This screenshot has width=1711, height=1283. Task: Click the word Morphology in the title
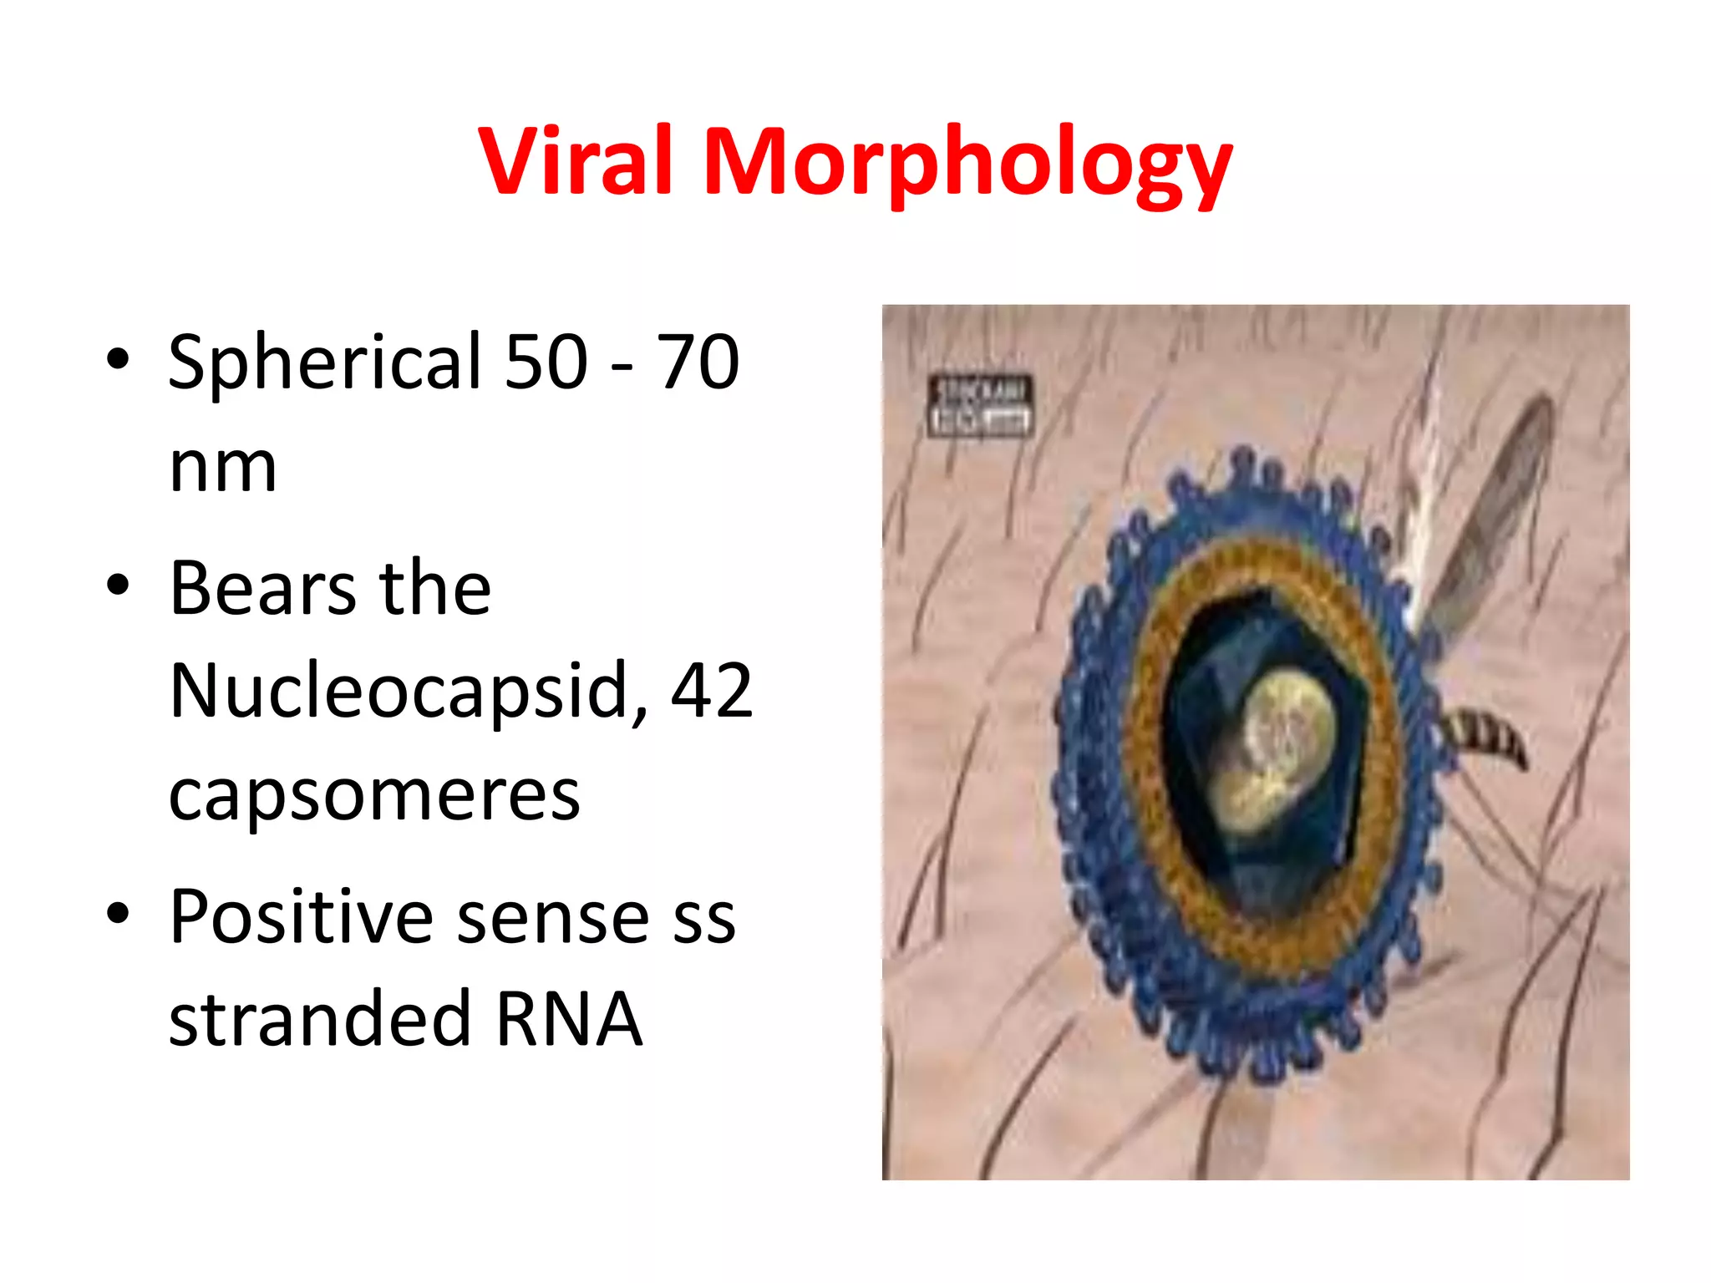click(x=967, y=165)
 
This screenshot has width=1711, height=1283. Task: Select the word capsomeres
click(x=374, y=795)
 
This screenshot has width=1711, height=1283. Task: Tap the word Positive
click(x=301, y=917)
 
